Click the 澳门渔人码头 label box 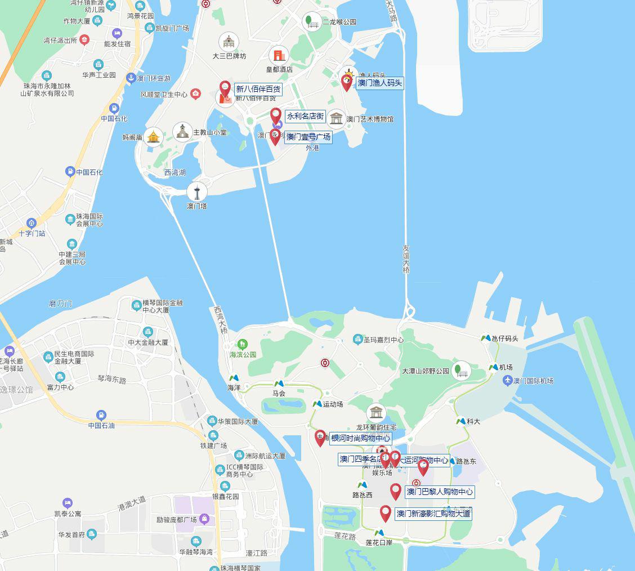point(380,83)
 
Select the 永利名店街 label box point(305,117)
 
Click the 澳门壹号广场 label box point(308,137)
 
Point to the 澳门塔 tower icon point(197,191)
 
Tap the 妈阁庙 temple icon point(153,136)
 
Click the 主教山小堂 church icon point(182,132)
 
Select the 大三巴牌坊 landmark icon point(229,42)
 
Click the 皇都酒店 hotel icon point(279,55)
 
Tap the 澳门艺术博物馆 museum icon point(336,119)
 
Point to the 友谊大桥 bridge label point(406,259)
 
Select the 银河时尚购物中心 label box point(360,438)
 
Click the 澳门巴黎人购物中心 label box point(439,492)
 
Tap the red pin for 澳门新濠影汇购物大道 point(386,512)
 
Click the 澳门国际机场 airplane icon point(508,381)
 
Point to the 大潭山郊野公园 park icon point(461,371)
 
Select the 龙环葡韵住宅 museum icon point(376,413)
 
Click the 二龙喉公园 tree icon point(311,22)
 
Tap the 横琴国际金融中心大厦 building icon point(136,305)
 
